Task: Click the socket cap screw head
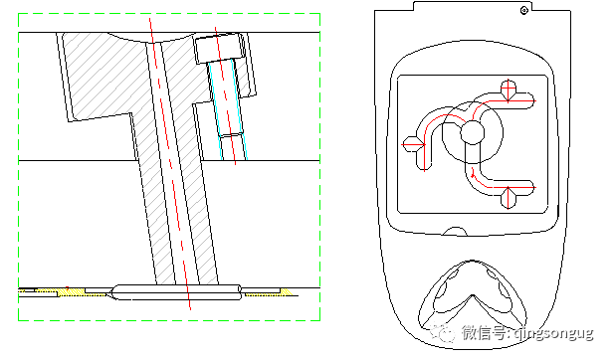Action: [220, 48]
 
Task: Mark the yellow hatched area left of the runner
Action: [71, 291]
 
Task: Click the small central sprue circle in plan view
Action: [471, 132]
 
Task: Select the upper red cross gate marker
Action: [510, 92]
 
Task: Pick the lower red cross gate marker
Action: [510, 196]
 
